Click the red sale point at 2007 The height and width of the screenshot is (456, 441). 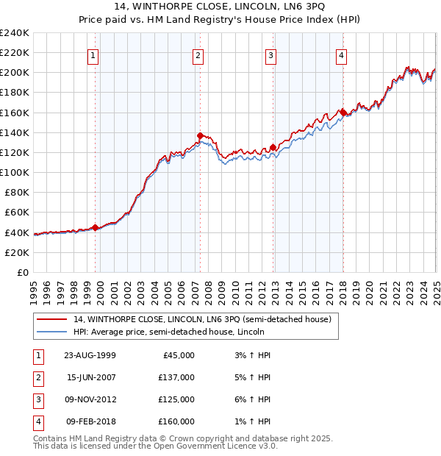tap(200, 135)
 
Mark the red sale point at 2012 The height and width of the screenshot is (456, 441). tap(273, 147)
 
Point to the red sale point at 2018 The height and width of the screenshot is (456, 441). tap(343, 113)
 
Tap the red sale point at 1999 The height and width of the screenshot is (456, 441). tap(95, 227)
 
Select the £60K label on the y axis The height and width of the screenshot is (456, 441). tap(17, 212)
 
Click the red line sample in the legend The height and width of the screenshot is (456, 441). tap(50, 319)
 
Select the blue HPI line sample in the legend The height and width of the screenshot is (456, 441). tap(50, 332)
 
